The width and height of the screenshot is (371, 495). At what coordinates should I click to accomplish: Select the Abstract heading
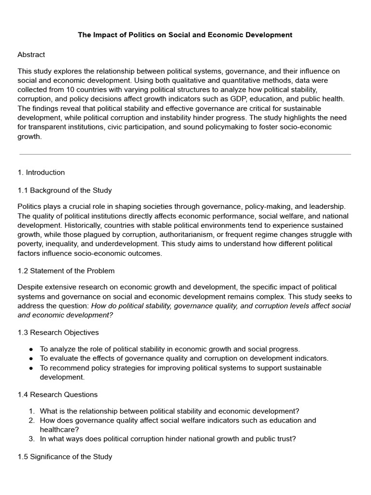coord(31,55)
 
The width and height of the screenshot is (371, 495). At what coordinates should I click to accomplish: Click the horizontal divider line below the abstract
coord(185,154)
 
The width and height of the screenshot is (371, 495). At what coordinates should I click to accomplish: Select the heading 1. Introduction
coord(41,173)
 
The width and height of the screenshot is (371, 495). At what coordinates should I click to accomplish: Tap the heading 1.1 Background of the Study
coord(65,190)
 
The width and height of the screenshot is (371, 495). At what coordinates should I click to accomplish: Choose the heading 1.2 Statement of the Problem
coord(66,271)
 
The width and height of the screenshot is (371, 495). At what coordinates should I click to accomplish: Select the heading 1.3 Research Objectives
coord(58,333)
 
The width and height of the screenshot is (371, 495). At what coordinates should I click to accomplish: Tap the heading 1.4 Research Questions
coord(57,394)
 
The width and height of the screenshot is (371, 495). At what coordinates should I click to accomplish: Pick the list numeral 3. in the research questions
coord(31,439)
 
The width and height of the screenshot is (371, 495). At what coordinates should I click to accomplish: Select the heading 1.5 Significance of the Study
coord(65,457)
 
